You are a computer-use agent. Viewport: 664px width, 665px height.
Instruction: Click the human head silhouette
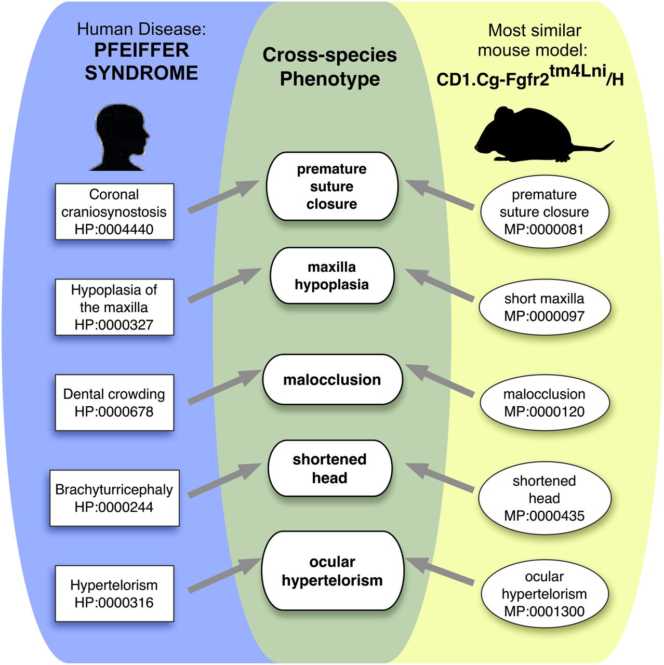[119, 138]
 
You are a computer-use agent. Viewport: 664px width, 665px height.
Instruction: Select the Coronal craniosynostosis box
[115, 211]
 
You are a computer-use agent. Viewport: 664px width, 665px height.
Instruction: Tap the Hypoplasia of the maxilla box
[115, 307]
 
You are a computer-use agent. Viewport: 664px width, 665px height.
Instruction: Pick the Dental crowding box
[115, 403]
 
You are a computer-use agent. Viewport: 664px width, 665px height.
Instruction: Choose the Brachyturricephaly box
[115, 498]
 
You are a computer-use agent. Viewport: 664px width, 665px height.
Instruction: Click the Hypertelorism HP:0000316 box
[115, 593]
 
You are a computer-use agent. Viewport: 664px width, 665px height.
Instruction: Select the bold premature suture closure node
[332, 187]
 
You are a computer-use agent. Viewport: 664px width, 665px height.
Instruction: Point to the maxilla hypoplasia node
[332, 275]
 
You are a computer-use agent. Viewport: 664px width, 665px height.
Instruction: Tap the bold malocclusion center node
[333, 380]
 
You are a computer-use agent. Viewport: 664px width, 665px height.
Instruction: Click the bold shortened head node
[330, 468]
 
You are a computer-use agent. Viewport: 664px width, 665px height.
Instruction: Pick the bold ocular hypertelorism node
[333, 571]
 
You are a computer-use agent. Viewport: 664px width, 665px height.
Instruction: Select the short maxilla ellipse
[545, 307]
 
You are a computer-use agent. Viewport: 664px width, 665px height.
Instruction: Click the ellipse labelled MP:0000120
[545, 403]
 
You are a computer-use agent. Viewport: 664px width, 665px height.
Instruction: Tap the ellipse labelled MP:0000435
[545, 498]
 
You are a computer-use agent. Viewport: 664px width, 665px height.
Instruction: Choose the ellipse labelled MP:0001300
[545, 594]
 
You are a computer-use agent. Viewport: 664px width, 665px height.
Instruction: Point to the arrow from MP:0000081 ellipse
[440, 195]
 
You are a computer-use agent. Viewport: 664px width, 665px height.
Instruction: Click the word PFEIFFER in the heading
[141, 50]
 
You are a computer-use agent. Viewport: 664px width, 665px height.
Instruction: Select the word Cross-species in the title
[329, 55]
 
